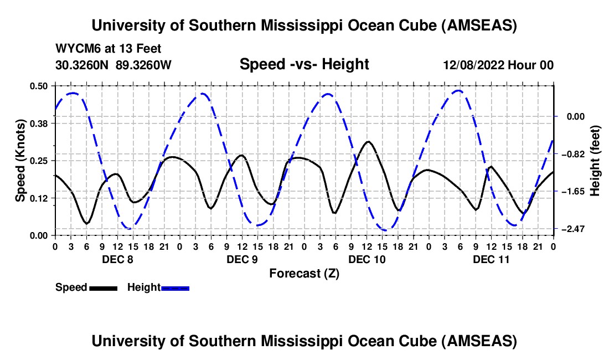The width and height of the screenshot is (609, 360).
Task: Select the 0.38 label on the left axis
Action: [x=39, y=123]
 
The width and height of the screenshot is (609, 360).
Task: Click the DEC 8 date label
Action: [x=117, y=259]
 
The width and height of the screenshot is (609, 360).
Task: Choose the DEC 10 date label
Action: [x=367, y=259]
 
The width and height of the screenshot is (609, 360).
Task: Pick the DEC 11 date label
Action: [x=491, y=259]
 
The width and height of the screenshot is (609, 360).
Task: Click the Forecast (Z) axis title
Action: [x=304, y=273]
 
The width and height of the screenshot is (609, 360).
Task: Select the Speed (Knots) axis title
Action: [x=20, y=160]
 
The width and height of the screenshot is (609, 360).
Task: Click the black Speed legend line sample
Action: [x=103, y=287]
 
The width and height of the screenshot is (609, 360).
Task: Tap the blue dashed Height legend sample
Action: [x=176, y=287]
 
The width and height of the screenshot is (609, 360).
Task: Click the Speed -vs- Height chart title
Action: [x=304, y=64]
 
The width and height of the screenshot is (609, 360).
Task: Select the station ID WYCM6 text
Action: [x=76, y=49]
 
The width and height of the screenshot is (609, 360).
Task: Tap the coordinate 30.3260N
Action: [x=83, y=65]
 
